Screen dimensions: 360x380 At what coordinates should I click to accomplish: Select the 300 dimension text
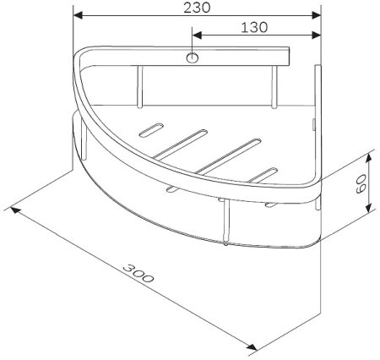(139, 276)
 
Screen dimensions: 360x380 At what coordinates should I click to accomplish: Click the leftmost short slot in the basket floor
(150, 131)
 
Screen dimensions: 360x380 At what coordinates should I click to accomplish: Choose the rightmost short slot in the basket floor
(268, 174)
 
